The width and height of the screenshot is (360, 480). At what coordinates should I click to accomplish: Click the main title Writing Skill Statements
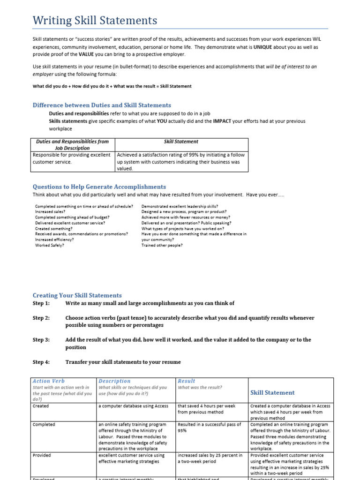[x=95, y=21]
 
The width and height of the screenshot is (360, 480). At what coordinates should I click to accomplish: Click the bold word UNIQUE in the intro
[x=263, y=47]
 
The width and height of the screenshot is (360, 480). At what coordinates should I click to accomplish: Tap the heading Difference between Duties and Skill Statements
[x=102, y=105]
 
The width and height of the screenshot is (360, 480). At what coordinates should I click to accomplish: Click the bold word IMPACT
[x=222, y=121]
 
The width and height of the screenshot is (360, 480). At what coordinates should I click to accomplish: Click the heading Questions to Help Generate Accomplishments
[x=99, y=187]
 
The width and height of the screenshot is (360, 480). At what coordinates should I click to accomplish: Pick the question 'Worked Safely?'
[x=49, y=245]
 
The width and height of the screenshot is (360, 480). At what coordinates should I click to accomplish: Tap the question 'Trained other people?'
[x=162, y=245]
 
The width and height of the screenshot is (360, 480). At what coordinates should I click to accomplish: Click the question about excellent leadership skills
[x=180, y=206]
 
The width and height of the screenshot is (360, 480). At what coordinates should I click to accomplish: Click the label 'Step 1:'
[x=41, y=303]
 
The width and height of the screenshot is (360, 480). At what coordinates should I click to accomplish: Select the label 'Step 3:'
[x=41, y=340]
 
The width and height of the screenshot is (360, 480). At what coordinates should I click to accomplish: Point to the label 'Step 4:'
[x=41, y=362]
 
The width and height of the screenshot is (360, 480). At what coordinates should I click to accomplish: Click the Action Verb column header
[x=49, y=381]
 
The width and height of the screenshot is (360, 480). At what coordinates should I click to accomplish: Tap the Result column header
[x=187, y=381]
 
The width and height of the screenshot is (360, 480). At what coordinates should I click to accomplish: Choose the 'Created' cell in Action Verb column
[x=40, y=406]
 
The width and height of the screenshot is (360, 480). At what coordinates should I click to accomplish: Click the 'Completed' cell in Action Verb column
[x=44, y=424]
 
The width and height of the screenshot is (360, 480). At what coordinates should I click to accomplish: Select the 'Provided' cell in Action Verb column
[x=42, y=455]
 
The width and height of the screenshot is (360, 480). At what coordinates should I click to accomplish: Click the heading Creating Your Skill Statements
[x=77, y=295]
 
